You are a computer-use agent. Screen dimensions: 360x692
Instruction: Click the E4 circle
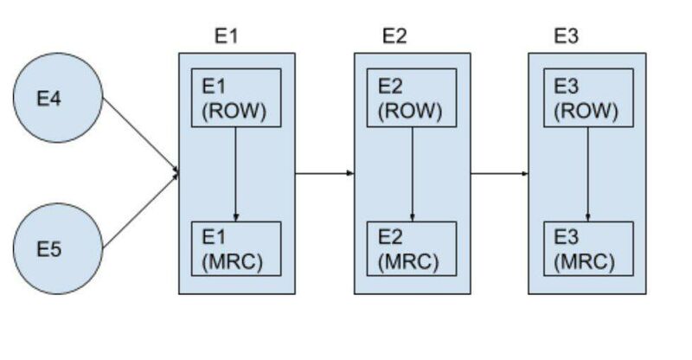click(x=57, y=98)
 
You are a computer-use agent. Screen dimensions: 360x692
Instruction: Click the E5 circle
click(x=57, y=249)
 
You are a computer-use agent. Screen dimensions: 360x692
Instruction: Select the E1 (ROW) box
click(x=236, y=98)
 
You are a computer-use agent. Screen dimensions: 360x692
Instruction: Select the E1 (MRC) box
click(x=236, y=249)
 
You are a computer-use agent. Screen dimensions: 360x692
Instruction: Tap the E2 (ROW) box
click(x=412, y=98)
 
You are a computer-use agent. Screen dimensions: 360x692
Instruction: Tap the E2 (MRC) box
click(x=412, y=249)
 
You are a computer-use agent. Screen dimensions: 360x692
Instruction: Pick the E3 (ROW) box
click(x=588, y=98)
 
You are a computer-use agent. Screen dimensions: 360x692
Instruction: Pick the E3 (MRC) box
click(x=588, y=249)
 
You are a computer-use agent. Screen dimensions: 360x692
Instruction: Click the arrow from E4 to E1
click(x=140, y=135)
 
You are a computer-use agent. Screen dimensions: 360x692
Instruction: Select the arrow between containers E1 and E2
click(x=324, y=173)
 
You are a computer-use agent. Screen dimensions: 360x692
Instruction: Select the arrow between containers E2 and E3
click(x=499, y=173)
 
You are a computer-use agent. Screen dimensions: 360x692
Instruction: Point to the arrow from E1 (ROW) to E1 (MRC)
click(x=236, y=173)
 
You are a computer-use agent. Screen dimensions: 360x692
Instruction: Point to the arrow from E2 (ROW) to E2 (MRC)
click(x=412, y=173)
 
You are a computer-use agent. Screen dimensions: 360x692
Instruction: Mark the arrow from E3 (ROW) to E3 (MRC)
click(x=588, y=173)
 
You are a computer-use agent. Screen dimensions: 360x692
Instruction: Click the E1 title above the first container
click(x=226, y=36)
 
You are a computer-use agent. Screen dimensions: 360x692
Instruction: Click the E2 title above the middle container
click(x=394, y=36)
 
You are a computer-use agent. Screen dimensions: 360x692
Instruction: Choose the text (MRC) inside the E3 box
click(x=586, y=260)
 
